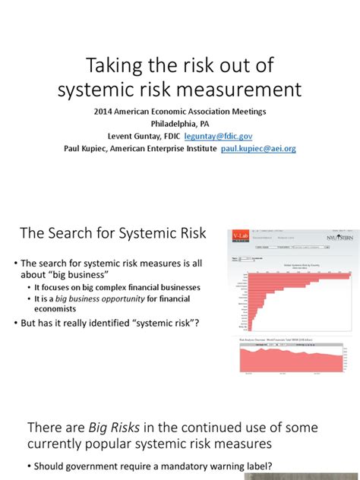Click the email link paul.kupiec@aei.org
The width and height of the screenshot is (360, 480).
[258, 149]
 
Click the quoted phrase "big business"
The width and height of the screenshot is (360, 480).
[74, 275]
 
